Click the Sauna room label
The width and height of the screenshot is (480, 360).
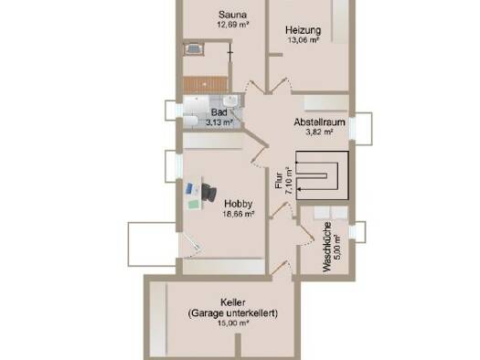coord(232,15)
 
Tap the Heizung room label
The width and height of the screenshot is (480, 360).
coord(303,30)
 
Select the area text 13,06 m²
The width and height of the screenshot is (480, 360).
coord(303,40)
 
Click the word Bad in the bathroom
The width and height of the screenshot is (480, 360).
coord(219,112)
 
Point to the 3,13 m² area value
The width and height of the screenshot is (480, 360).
coord(219,122)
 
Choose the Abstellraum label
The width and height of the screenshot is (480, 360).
coord(319,122)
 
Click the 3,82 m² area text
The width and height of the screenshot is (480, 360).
coord(319,132)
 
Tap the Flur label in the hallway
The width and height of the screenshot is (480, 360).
coord(279,181)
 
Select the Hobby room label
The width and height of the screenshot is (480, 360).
coord(238,204)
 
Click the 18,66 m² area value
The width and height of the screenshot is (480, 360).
coord(239,214)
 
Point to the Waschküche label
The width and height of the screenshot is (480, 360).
coord(327,247)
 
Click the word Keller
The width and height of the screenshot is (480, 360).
coord(232,302)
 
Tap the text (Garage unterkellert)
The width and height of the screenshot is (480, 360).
coord(232,313)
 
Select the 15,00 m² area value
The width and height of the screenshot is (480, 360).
coord(232,323)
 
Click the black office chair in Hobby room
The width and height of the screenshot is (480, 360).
coord(209,192)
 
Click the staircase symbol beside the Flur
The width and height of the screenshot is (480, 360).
coord(323,175)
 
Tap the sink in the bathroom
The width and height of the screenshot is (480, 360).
coord(230,101)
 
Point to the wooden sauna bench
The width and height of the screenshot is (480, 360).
coord(206,84)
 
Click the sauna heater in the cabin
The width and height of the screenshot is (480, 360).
coord(193,49)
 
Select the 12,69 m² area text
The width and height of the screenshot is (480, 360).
coord(232,25)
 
